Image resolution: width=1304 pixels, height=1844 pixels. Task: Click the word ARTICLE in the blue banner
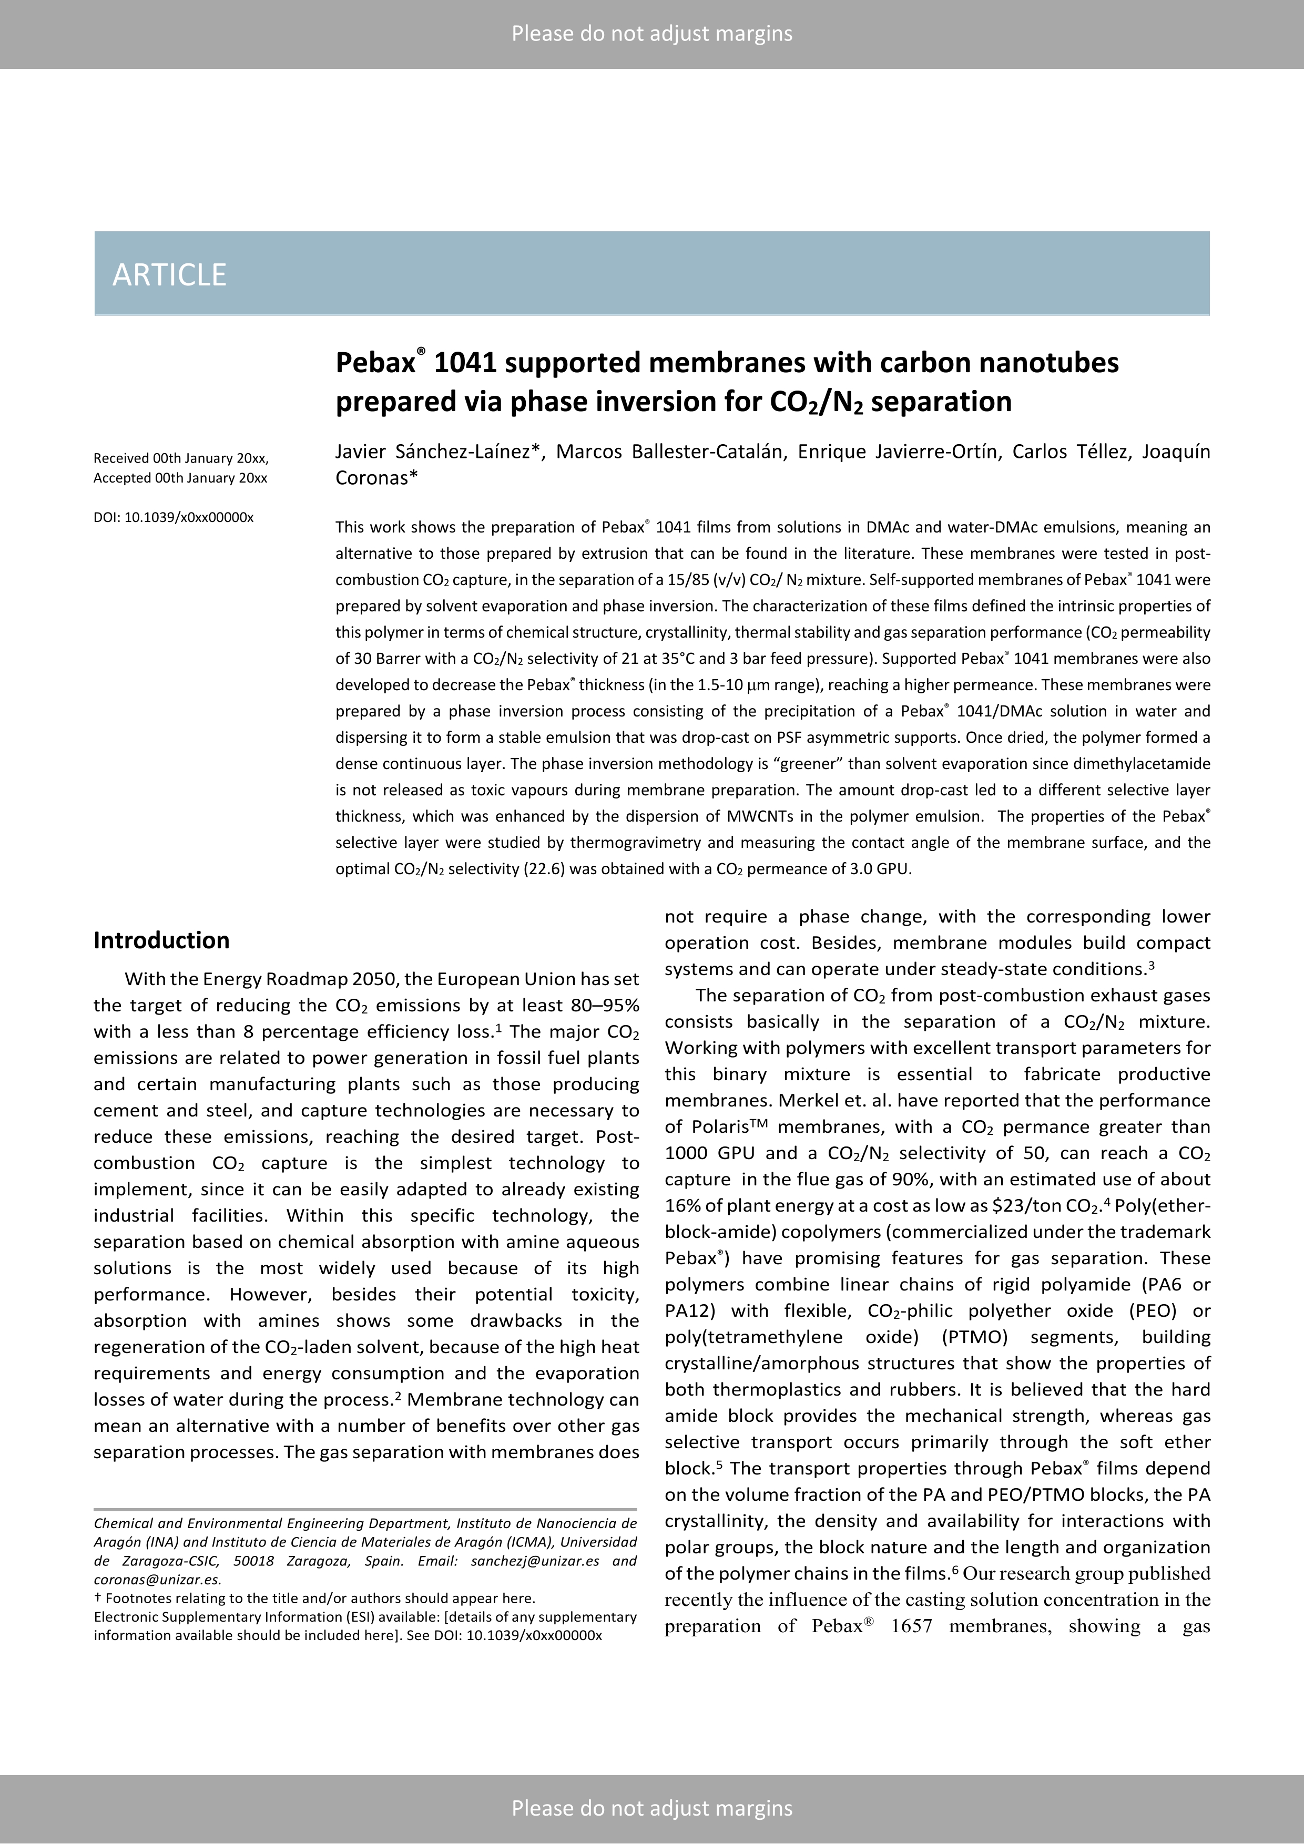(x=169, y=275)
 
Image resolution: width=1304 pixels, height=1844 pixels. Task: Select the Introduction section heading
(x=161, y=940)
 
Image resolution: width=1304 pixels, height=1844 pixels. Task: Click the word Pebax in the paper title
(x=374, y=363)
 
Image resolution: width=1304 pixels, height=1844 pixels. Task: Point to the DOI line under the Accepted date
(x=174, y=518)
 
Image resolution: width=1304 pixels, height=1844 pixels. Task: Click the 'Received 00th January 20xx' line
(x=181, y=458)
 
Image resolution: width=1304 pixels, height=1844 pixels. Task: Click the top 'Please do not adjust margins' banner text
(x=651, y=34)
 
